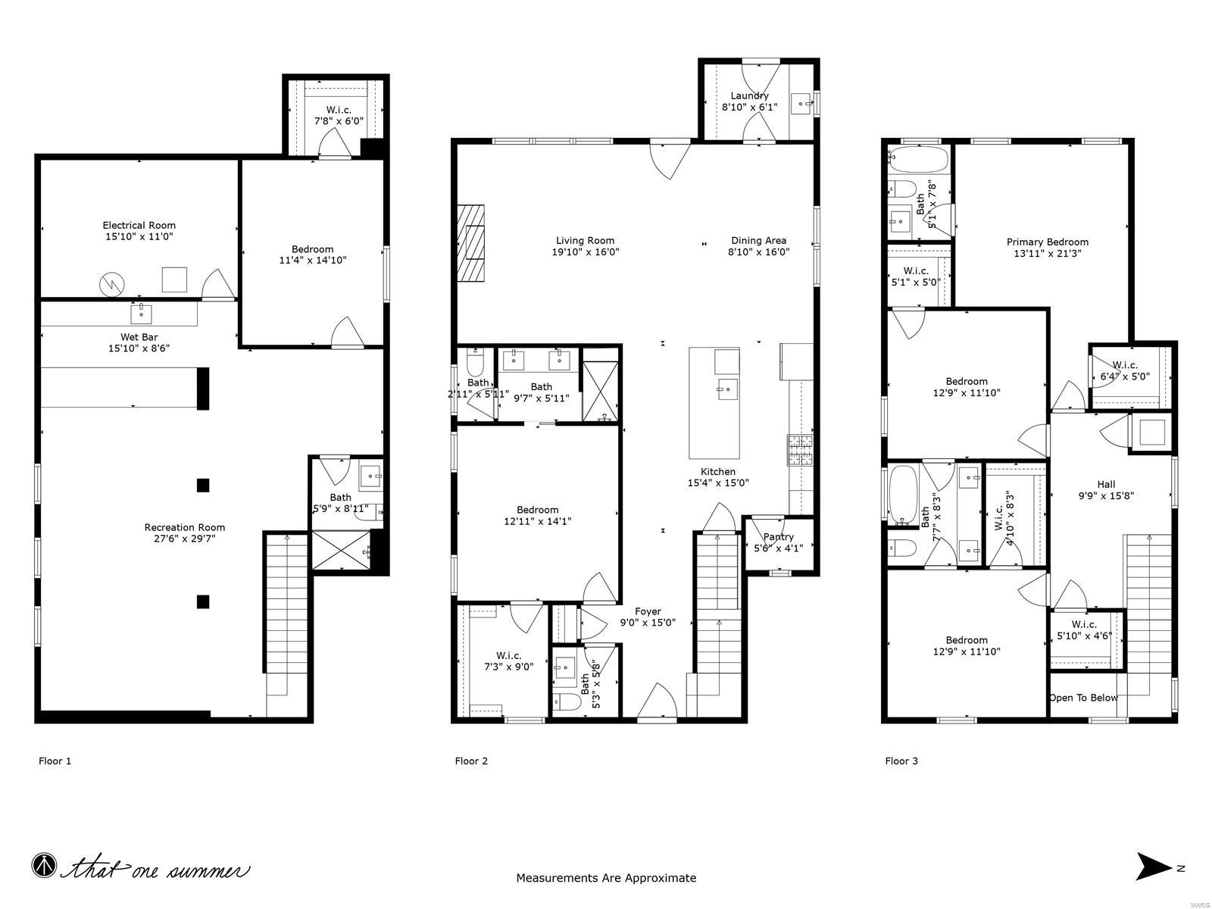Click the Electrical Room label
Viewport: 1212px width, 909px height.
[139, 225]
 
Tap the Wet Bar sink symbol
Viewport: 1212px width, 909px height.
[142, 313]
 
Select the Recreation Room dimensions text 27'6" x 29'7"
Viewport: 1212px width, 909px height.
[185, 539]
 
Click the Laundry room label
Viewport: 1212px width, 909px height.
[749, 95]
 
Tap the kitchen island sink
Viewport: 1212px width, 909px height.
[726, 390]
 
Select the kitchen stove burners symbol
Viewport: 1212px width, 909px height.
[800, 451]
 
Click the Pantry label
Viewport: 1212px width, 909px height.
[778, 537]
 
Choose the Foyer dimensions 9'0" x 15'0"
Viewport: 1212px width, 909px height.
[648, 623]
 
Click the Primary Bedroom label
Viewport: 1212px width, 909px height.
[1047, 242]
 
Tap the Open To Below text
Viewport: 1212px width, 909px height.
[1082, 698]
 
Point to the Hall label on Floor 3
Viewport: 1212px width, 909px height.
[1106, 485]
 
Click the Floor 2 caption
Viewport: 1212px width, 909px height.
[471, 761]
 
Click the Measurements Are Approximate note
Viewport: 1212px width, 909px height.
[606, 878]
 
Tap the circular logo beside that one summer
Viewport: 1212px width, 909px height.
[44, 865]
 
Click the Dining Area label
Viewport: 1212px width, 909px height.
[758, 241]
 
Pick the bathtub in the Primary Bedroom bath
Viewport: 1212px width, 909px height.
[917, 159]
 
